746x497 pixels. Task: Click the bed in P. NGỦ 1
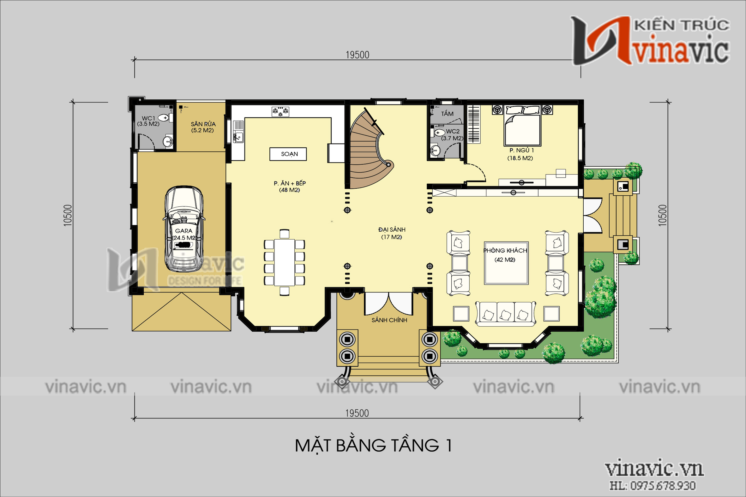(522, 127)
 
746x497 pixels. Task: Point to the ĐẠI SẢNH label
(392, 230)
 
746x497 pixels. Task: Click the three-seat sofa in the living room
(505, 313)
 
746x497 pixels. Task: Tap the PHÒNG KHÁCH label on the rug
(505, 251)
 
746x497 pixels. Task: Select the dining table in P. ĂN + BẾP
(285, 263)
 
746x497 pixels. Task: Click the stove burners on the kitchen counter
(280, 111)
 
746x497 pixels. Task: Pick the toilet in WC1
(164, 118)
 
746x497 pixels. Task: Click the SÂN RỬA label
(203, 124)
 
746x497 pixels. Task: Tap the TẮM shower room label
(447, 114)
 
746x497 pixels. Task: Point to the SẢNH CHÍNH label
(389, 321)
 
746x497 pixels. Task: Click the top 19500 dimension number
(358, 55)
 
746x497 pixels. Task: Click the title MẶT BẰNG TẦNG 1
(373, 446)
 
